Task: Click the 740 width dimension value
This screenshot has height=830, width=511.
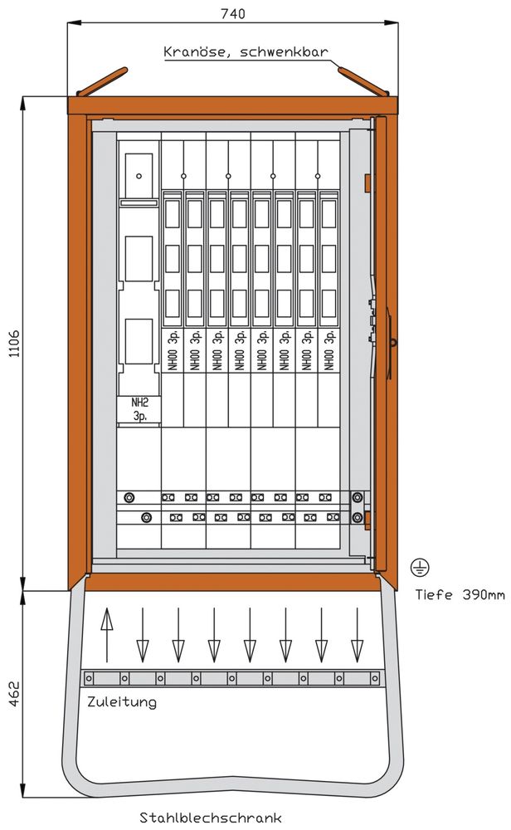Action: click(232, 14)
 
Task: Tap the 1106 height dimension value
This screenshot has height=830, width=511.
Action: click(14, 344)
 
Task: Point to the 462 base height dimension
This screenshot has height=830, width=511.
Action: click(14, 693)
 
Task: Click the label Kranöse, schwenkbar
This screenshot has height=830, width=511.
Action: click(246, 51)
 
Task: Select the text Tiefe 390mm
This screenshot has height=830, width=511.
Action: click(460, 594)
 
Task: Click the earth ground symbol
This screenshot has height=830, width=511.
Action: click(420, 568)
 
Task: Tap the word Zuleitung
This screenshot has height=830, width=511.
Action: click(122, 702)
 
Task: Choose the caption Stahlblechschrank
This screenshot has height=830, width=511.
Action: click(211, 818)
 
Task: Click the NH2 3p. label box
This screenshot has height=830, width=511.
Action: click(139, 409)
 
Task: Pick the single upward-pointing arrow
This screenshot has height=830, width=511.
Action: click(107, 635)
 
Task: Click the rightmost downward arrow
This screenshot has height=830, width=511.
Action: click(357, 635)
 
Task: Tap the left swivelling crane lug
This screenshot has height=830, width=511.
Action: click(102, 81)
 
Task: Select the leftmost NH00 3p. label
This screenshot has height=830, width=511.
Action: click(173, 350)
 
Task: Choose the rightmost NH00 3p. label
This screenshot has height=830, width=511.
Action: click(329, 350)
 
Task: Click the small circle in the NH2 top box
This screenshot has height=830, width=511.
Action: click(139, 176)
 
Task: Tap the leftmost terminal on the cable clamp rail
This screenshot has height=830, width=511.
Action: click(89, 678)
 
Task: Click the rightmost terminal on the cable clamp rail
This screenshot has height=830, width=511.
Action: click(374, 678)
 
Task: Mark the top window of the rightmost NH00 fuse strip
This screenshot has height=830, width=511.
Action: click(329, 214)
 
